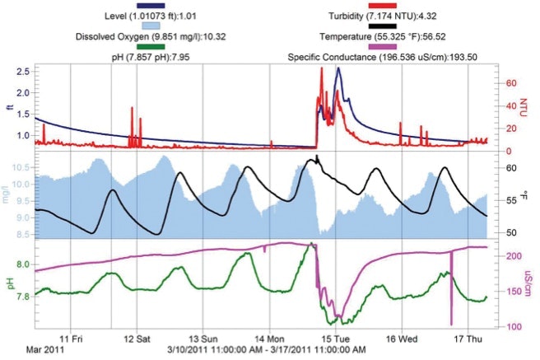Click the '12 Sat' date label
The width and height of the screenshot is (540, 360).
[x=137, y=338]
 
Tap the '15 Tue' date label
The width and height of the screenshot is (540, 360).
[x=333, y=338]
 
